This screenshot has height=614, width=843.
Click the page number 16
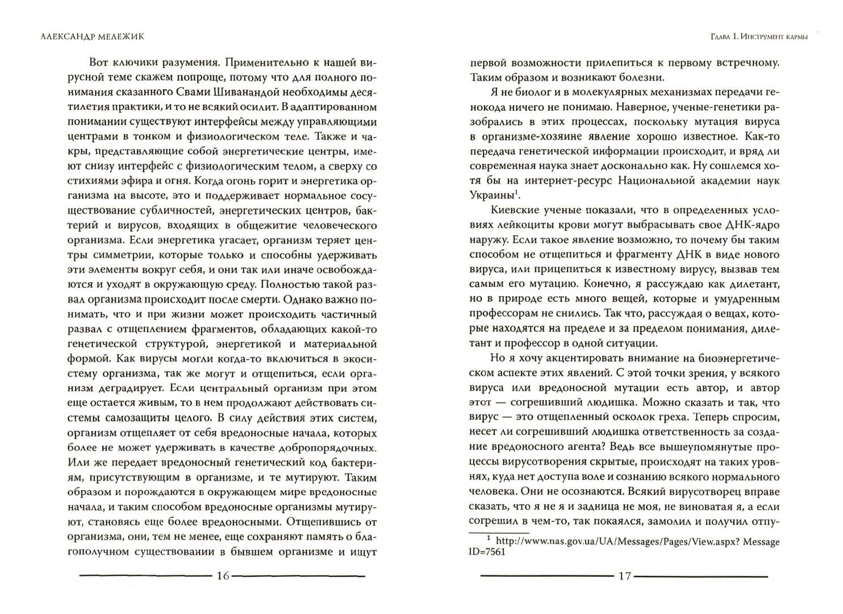pos(223,576)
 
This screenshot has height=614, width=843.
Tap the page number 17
pos(624,576)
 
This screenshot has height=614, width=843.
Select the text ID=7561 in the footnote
pos(487,552)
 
